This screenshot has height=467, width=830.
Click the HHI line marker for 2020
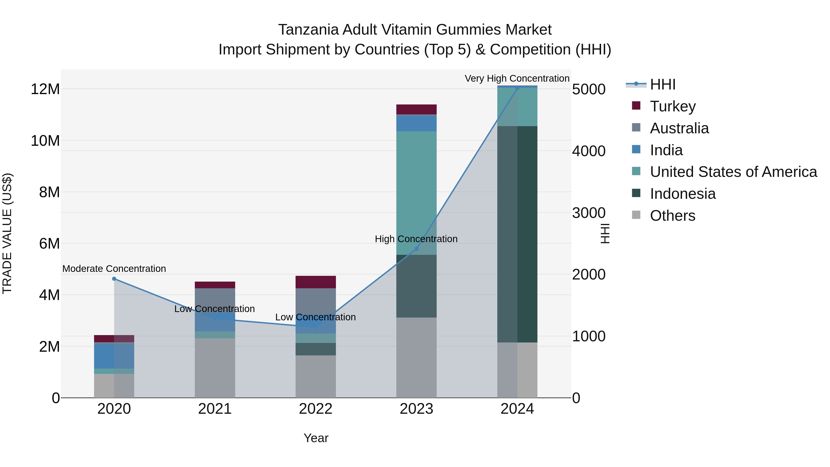tap(114, 279)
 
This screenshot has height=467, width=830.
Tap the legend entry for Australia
tap(679, 128)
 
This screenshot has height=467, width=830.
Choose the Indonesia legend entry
tap(682, 194)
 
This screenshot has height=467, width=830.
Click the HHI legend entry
tap(662, 84)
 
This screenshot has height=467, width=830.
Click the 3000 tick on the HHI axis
tap(589, 213)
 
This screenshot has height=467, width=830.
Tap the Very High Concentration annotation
tap(517, 78)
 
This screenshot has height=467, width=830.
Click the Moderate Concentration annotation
tap(114, 268)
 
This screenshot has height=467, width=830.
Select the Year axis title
tap(316, 438)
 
